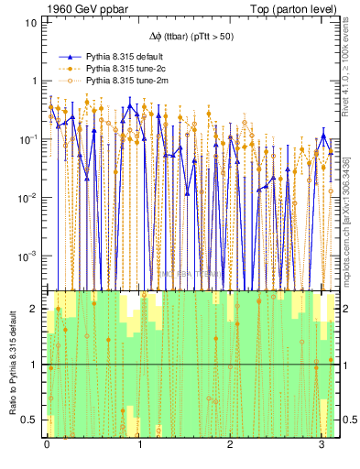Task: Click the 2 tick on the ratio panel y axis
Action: [35, 309]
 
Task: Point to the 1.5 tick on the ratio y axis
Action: [31, 336]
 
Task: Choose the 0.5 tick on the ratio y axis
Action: [31, 420]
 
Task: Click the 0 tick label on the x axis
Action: [47, 445]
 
